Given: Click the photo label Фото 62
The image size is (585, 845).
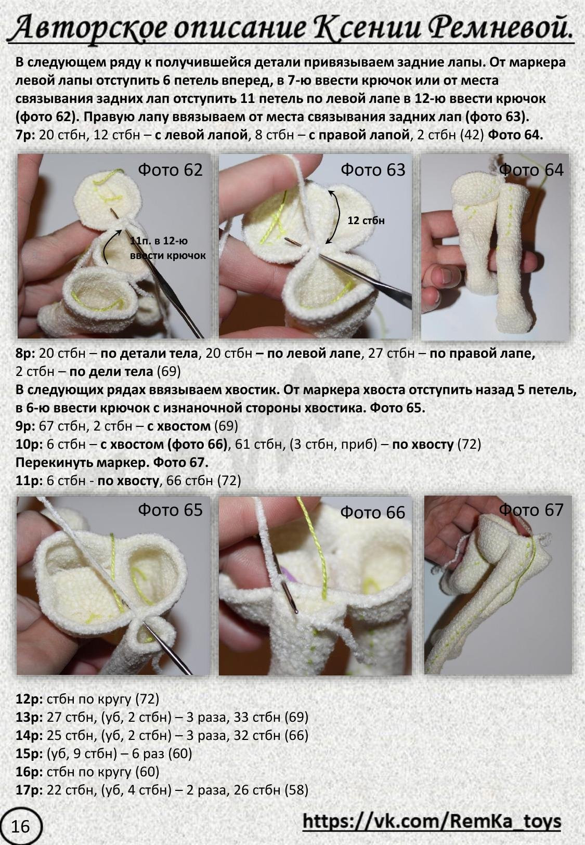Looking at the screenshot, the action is [x=170, y=170].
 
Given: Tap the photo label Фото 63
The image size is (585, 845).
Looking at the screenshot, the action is [x=373, y=170].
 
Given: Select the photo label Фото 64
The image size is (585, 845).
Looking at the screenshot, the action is [x=531, y=170].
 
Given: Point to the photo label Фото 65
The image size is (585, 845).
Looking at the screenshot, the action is [x=170, y=510].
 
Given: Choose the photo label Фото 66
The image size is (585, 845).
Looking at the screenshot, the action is [x=373, y=512].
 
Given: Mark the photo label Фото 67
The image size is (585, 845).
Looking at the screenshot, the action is [x=531, y=510].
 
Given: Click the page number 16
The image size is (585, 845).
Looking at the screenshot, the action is [x=20, y=826].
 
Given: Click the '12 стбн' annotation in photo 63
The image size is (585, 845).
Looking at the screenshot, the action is [x=366, y=220].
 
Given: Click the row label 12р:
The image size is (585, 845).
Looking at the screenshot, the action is [x=30, y=699].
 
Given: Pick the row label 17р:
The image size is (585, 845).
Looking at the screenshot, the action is [x=30, y=789].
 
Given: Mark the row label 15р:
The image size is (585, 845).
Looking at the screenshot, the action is [x=30, y=753].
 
